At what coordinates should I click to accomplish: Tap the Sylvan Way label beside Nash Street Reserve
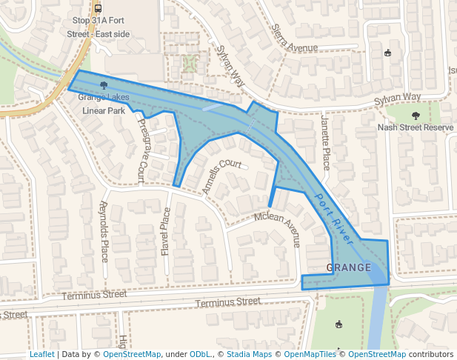click(397, 98)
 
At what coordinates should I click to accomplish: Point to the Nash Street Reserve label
click(415, 127)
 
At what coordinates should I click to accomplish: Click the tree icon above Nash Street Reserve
click(416, 115)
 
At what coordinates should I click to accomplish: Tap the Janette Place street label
click(325, 142)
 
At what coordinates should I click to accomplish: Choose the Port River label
click(335, 220)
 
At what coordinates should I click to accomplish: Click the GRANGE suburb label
click(348, 267)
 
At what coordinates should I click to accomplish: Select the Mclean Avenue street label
click(277, 225)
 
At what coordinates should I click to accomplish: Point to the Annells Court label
click(222, 175)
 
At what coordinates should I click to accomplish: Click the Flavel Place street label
click(165, 231)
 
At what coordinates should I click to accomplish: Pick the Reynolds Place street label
click(104, 231)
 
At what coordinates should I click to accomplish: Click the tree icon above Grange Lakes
click(103, 86)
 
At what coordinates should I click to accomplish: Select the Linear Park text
click(104, 110)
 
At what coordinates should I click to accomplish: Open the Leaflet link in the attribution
click(41, 354)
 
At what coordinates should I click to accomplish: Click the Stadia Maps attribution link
click(247, 354)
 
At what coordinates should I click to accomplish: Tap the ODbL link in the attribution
click(200, 354)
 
